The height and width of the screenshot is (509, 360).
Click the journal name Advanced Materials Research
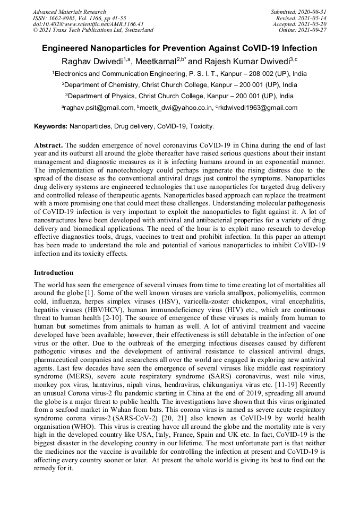click(x=69, y=12)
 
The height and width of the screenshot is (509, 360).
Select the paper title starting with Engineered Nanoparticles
click(x=179, y=48)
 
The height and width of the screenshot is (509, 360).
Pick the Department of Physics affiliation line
click(x=179, y=96)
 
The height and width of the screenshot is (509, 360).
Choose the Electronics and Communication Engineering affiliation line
click(x=179, y=73)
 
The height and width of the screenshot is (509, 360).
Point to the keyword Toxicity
click(x=201, y=126)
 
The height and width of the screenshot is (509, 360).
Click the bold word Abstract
click(x=49, y=145)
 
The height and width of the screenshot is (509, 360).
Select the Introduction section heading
click(x=54, y=273)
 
